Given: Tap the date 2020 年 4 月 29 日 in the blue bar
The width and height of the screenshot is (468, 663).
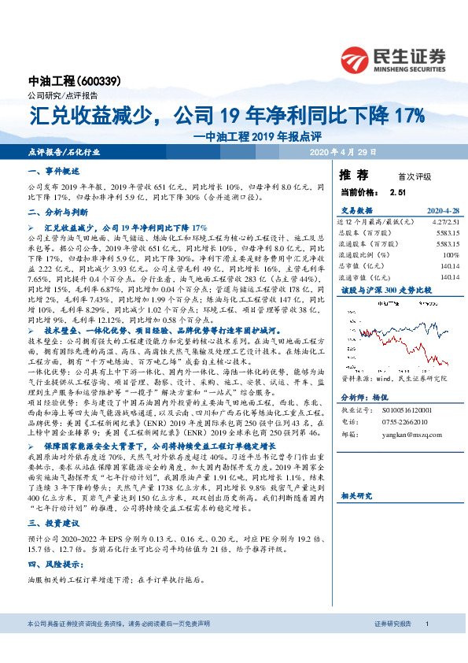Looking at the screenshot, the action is pos(344,152).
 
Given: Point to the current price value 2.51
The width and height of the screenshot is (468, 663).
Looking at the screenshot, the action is pos(397,191).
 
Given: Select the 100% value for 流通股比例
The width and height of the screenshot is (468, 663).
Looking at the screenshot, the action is pos(451,255).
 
